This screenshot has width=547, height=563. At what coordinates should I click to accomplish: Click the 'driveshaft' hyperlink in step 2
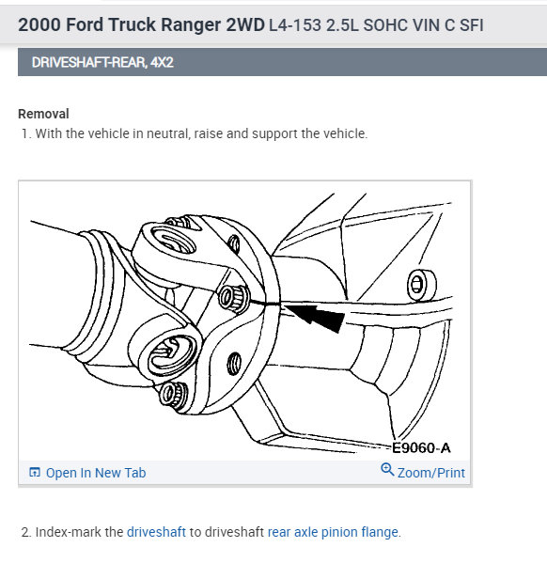pyautogui.click(x=156, y=532)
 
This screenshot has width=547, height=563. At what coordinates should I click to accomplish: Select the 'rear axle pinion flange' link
pyautogui.click(x=333, y=532)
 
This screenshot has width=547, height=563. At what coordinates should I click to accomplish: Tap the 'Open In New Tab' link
pyautogui.click(x=96, y=473)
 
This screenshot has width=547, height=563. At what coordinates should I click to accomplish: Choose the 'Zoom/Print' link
pyautogui.click(x=431, y=473)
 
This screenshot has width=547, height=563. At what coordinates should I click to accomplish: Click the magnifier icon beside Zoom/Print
pyautogui.click(x=387, y=469)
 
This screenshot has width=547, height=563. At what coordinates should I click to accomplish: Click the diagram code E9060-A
pyautogui.click(x=421, y=447)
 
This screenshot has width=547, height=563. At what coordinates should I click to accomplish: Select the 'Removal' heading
pyautogui.click(x=43, y=114)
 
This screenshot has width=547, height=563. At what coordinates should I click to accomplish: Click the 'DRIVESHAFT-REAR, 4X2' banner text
pyautogui.click(x=102, y=62)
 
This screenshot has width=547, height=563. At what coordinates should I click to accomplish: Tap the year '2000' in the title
pyautogui.click(x=39, y=24)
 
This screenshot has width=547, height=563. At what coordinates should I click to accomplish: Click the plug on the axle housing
pyautogui.click(x=421, y=285)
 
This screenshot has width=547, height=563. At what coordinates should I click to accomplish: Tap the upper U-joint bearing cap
pyautogui.click(x=172, y=239)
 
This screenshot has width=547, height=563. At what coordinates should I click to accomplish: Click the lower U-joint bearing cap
pyautogui.click(x=169, y=354)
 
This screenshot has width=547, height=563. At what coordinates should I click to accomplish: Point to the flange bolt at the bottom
pyautogui.click(x=173, y=395)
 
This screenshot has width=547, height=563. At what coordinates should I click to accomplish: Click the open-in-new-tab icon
pyautogui.click(x=35, y=472)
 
